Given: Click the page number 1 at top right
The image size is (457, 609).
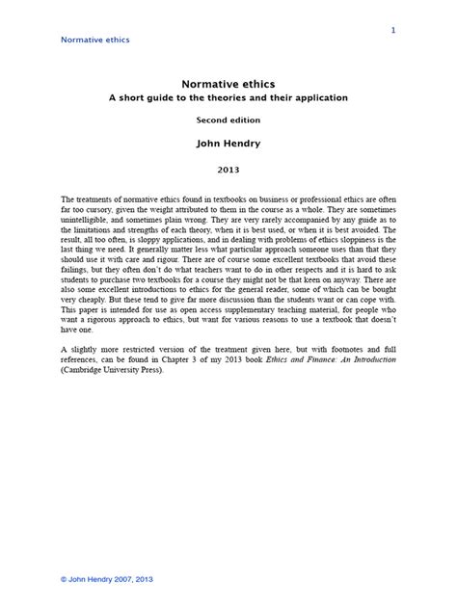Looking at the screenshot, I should pos(393,31).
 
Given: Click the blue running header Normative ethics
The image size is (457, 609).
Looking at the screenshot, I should pos(95,40).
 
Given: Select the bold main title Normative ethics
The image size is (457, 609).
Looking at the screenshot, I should pos(228,84).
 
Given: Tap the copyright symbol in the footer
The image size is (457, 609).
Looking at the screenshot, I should pos(65,578).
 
